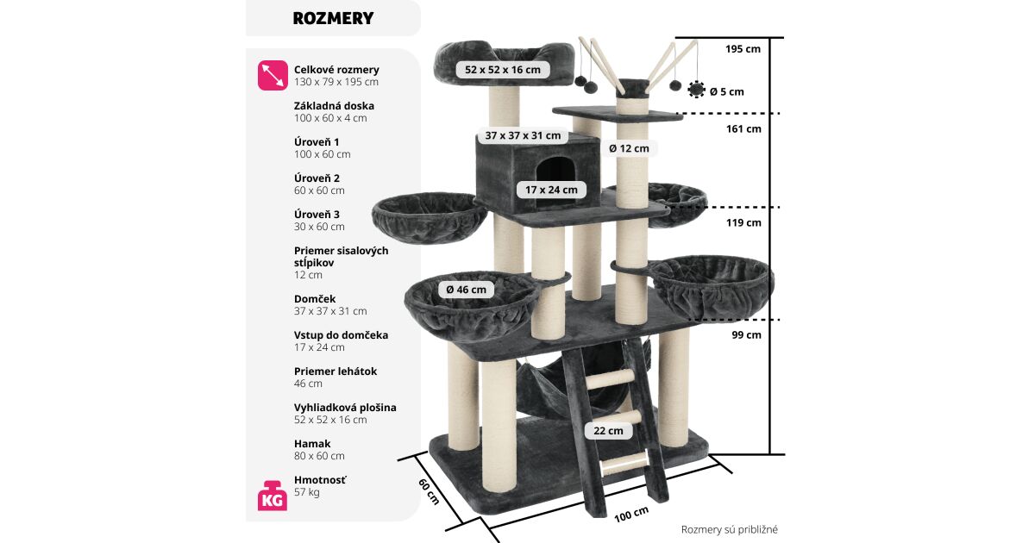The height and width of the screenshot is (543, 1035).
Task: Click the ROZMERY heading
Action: (x=333, y=18)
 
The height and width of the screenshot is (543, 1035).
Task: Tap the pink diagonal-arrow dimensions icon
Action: (x=273, y=75)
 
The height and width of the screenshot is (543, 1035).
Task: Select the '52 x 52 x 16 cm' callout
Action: (x=503, y=70)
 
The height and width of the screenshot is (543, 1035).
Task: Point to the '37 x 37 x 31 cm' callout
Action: (x=523, y=135)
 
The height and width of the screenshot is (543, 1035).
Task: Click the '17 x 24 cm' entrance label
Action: (x=552, y=190)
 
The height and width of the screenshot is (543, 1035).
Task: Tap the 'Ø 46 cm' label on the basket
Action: (x=467, y=290)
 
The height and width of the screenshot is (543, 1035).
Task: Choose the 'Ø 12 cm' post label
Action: (x=629, y=148)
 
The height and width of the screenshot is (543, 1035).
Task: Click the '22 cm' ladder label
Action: (x=607, y=431)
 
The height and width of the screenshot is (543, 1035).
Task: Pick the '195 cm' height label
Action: (x=743, y=49)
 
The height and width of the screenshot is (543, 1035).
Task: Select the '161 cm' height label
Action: (x=743, y=129)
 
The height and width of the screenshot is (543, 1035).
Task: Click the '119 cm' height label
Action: (x=743, y=222)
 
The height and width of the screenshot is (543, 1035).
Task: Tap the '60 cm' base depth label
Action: (x=429, y=492)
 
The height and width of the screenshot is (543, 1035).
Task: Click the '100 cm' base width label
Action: (x=631, y=515)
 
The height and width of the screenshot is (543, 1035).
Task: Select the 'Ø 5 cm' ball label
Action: (x=726, y=91)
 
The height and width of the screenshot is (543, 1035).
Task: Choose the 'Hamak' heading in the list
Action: (x=312, y=444)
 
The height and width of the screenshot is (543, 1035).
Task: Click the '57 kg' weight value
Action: (x=307, y=492)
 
